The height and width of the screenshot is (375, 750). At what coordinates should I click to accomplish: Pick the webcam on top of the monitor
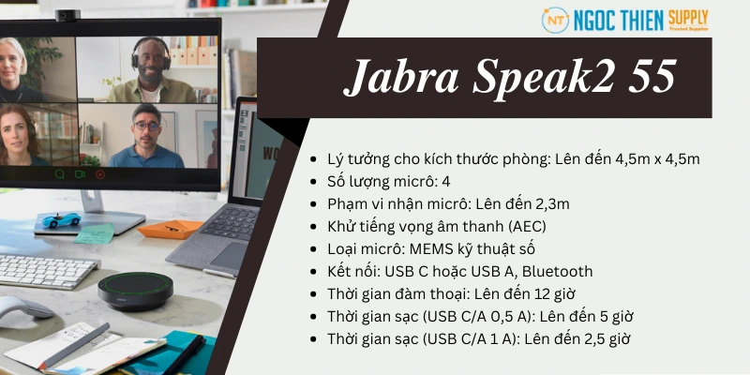[67, 16]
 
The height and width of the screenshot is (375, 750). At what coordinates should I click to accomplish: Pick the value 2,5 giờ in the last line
[610, 338]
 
